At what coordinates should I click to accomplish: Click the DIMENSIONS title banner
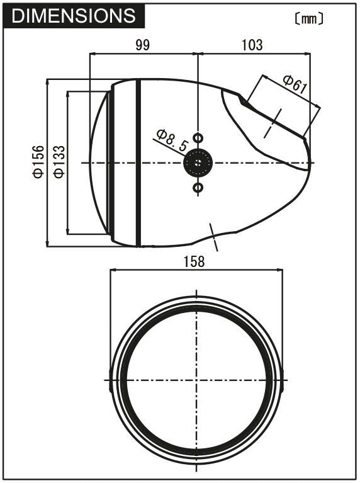click(x=74, y=16)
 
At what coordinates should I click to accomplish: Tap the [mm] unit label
click(x=309, y=19)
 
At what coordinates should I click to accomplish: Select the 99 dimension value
click(x=143, y=45)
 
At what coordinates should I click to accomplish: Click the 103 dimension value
click(x=252, y=45)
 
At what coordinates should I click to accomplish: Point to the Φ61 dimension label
click(x=295, y=84)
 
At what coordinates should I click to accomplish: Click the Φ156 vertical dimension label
click(x=38, y=162)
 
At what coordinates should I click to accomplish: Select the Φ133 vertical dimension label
click(x=58, y=162)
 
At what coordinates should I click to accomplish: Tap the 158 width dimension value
click(x=195, y=261)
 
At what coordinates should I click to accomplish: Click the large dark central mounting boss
click(x=198, y=163)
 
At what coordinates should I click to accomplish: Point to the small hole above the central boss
click(x=198, y=137)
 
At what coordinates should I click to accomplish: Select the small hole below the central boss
click(x=198, y=188)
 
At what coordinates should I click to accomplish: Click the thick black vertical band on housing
click(x=138, y=162)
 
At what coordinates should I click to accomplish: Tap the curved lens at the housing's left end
click(x=98, y=162)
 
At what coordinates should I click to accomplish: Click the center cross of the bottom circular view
click(x=197, y=380)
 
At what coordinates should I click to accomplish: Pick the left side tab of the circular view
click(x=111, y=380)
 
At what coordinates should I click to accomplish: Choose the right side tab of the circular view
click(x=281, y=380)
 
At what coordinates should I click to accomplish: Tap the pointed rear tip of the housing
click(x=310, y=162)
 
